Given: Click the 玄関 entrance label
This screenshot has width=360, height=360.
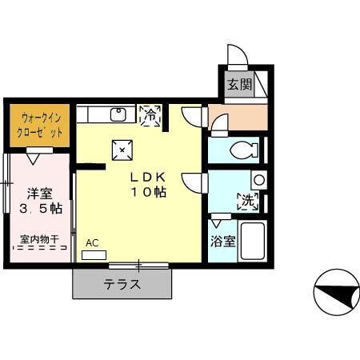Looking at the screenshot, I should [238, 84].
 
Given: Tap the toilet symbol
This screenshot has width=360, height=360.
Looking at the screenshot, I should [242, 149].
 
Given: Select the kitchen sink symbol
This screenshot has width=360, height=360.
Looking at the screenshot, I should [117, 114].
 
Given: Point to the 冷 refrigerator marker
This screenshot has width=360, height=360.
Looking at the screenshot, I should [150, 116].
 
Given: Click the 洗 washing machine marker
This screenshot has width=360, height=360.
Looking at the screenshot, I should [248, 202].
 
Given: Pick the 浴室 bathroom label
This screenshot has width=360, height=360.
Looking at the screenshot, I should [222, 241].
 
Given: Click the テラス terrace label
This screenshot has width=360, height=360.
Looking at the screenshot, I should [122, 283].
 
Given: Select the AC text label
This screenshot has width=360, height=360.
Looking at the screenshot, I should [92, 242].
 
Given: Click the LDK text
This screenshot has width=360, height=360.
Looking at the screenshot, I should [149, 178].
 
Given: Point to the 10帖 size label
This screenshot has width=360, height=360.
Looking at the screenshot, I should [149, 193].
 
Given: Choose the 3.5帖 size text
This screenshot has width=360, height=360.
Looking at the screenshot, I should [39, 209].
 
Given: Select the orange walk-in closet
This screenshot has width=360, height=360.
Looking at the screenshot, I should [39, 124].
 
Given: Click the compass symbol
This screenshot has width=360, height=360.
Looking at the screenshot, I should [336, 292].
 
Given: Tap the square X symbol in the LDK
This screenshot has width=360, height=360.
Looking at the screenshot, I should [122, 148].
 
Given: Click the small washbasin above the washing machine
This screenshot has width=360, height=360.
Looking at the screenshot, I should [257, 180].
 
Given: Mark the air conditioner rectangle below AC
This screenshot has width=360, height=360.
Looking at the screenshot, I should [94, 254].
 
